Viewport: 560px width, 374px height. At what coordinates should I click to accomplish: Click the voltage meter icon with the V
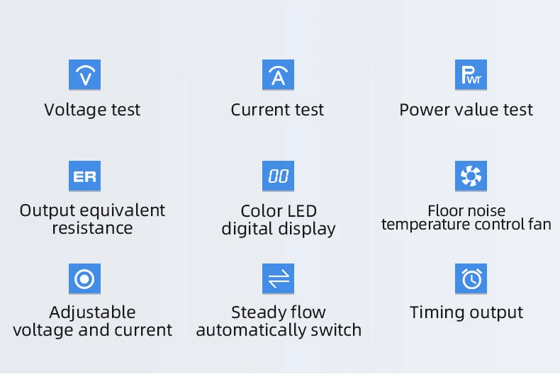84,74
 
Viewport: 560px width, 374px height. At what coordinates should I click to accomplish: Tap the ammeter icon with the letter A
278,74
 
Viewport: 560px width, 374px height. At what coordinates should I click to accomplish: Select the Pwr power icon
471,74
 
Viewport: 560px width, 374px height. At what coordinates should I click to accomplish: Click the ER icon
84,176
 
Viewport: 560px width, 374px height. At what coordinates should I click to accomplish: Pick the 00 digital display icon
278,176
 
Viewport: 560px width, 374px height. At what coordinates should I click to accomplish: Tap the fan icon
471,176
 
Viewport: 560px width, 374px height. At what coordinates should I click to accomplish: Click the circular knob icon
84,278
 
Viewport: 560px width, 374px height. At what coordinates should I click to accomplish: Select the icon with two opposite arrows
278,278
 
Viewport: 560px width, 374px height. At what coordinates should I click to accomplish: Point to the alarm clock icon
471,278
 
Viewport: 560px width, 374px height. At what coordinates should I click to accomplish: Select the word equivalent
123,211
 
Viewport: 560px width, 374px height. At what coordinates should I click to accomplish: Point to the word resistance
92,228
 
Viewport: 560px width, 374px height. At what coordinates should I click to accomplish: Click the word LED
301,211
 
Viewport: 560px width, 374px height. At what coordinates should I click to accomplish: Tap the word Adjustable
92,313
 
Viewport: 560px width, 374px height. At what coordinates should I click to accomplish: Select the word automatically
251,331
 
